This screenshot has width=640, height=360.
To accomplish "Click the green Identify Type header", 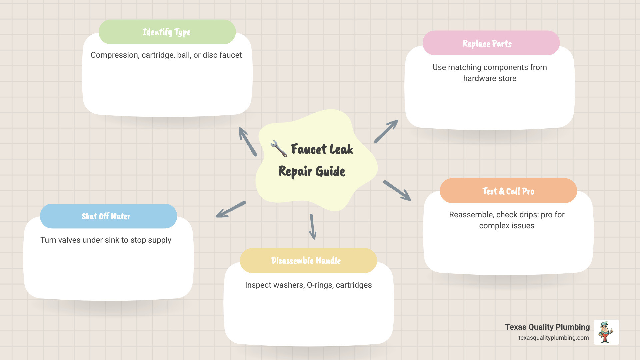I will (167, 32).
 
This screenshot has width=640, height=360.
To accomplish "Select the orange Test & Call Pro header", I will (508, 191).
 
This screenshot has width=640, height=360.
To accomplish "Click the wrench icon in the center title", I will (279, 149).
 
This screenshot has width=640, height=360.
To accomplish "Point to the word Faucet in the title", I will (309, 149).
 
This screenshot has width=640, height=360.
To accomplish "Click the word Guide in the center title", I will (330, 171).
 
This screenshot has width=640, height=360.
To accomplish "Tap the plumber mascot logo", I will (606, 332).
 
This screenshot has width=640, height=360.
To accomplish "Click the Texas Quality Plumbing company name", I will (547, 327).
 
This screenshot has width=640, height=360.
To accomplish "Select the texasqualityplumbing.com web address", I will (553, 338).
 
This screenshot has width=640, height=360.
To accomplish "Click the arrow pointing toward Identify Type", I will (248, 142).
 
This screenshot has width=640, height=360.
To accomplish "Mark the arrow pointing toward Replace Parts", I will (386, 131).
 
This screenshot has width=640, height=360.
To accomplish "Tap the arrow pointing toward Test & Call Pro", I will (397, 191).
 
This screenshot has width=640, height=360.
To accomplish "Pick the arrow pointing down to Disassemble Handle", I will (313, 227).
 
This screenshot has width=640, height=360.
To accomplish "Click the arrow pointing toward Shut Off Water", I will (231, 209).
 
